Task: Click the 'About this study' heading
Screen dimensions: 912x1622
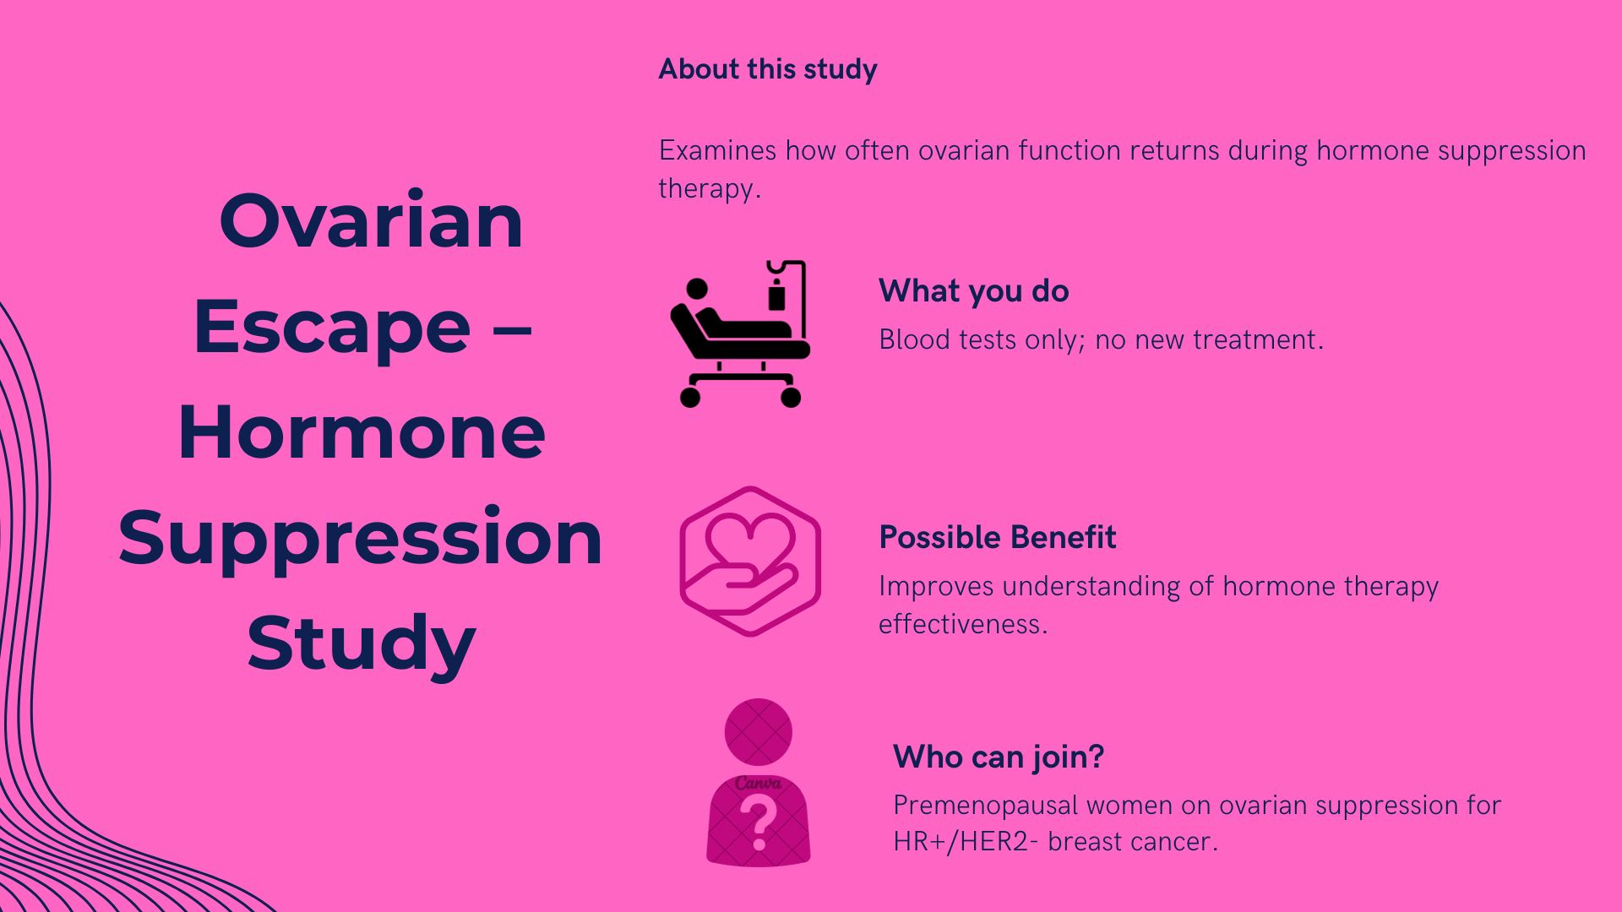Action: click(767, 69)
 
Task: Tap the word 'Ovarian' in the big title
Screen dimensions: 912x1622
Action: click(371, 221)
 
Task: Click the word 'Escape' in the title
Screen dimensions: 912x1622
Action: click(332, 328)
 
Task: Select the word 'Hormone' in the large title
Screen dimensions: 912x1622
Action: click(362, 433)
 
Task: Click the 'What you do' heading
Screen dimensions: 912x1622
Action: click(973, 291)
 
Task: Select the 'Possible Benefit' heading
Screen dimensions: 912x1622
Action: click(997, 538)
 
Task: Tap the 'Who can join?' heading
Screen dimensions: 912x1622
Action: click(999, 757)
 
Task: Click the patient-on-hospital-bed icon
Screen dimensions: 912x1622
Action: click(735, 338)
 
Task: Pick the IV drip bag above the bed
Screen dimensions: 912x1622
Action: click(776, 296)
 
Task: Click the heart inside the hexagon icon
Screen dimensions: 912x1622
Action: click(750, 540)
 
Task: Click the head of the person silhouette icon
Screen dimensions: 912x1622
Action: click(758, 731)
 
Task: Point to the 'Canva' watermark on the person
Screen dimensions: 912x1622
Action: click(758, 784)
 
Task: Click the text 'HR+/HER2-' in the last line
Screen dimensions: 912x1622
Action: click(961, 842)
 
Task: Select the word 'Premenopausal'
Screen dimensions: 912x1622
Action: click(985, 806)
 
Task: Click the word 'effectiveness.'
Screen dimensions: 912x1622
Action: click(962, 624)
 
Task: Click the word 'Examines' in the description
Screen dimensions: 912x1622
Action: click(717, 151)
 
